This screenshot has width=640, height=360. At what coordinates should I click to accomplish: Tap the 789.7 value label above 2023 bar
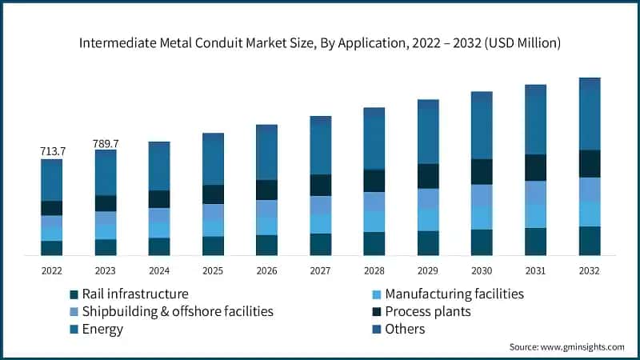click(106, 143)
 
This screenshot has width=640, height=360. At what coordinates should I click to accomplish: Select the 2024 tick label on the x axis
click(159, 270)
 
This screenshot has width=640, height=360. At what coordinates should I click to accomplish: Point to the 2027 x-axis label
click(321, 270)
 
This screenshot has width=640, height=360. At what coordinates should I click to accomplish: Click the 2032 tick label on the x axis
click(590, 270)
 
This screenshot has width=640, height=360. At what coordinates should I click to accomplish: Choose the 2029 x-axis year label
click(428, 270)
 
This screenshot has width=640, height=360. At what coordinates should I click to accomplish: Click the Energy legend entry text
click(102, 329)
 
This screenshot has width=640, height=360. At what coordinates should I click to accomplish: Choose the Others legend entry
click(405, 329)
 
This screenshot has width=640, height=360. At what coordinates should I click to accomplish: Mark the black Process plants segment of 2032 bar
click(590, 163)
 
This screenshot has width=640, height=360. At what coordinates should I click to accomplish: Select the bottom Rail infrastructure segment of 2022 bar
click(52, 248)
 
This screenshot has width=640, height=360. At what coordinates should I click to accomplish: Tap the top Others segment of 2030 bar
click(482, 96)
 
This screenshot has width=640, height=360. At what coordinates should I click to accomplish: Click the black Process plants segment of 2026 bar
click(267, 190)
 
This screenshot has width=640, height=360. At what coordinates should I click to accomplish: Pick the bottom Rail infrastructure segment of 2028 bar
click(374, 243)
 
